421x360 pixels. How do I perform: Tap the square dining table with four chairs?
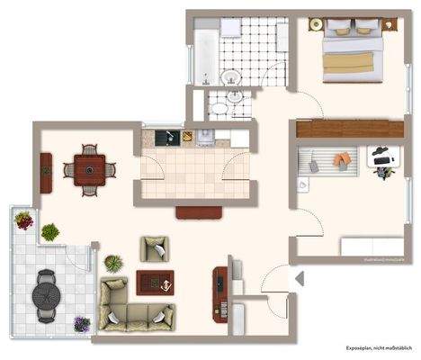pos(91,168)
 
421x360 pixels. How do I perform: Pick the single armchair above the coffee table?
pos(154,247)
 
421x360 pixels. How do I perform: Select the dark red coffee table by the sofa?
pos(155,283)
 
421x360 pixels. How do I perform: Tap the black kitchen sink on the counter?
pos(165,138)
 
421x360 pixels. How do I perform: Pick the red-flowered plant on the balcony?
pos(24,219)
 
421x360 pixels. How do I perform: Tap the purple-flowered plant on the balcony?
pos(82,324)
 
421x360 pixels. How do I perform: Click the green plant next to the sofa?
pos(113,264)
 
